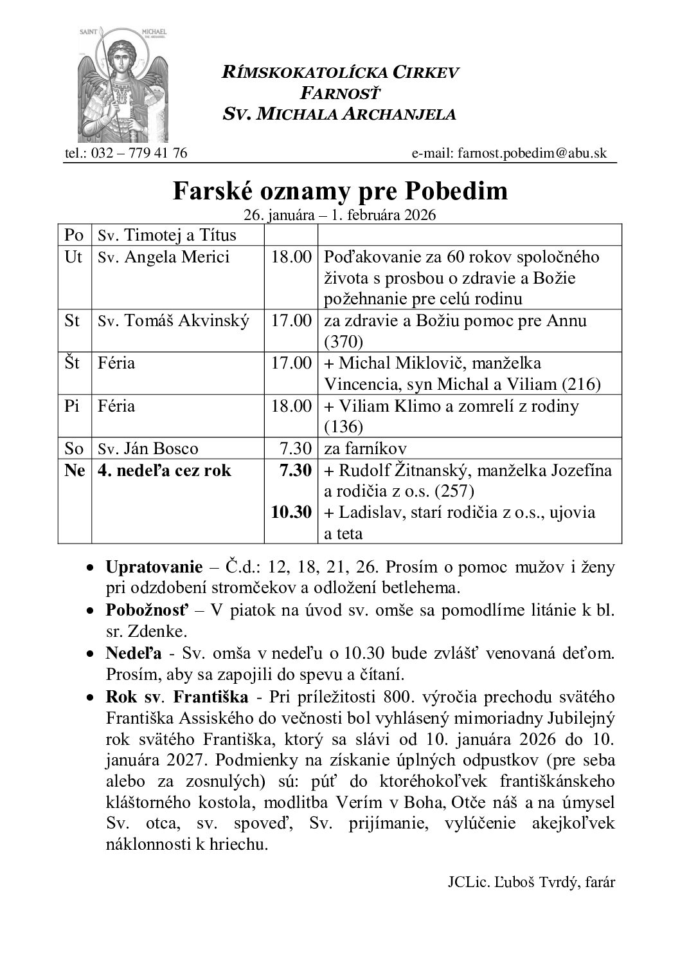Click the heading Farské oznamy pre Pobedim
[340, 191]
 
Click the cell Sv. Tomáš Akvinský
[174, 320]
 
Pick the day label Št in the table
[73, 363]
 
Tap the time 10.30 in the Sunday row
[292, 512]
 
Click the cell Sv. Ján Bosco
[148, 448]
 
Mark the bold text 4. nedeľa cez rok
[165, 470]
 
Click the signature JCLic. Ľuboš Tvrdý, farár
[531, 883]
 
